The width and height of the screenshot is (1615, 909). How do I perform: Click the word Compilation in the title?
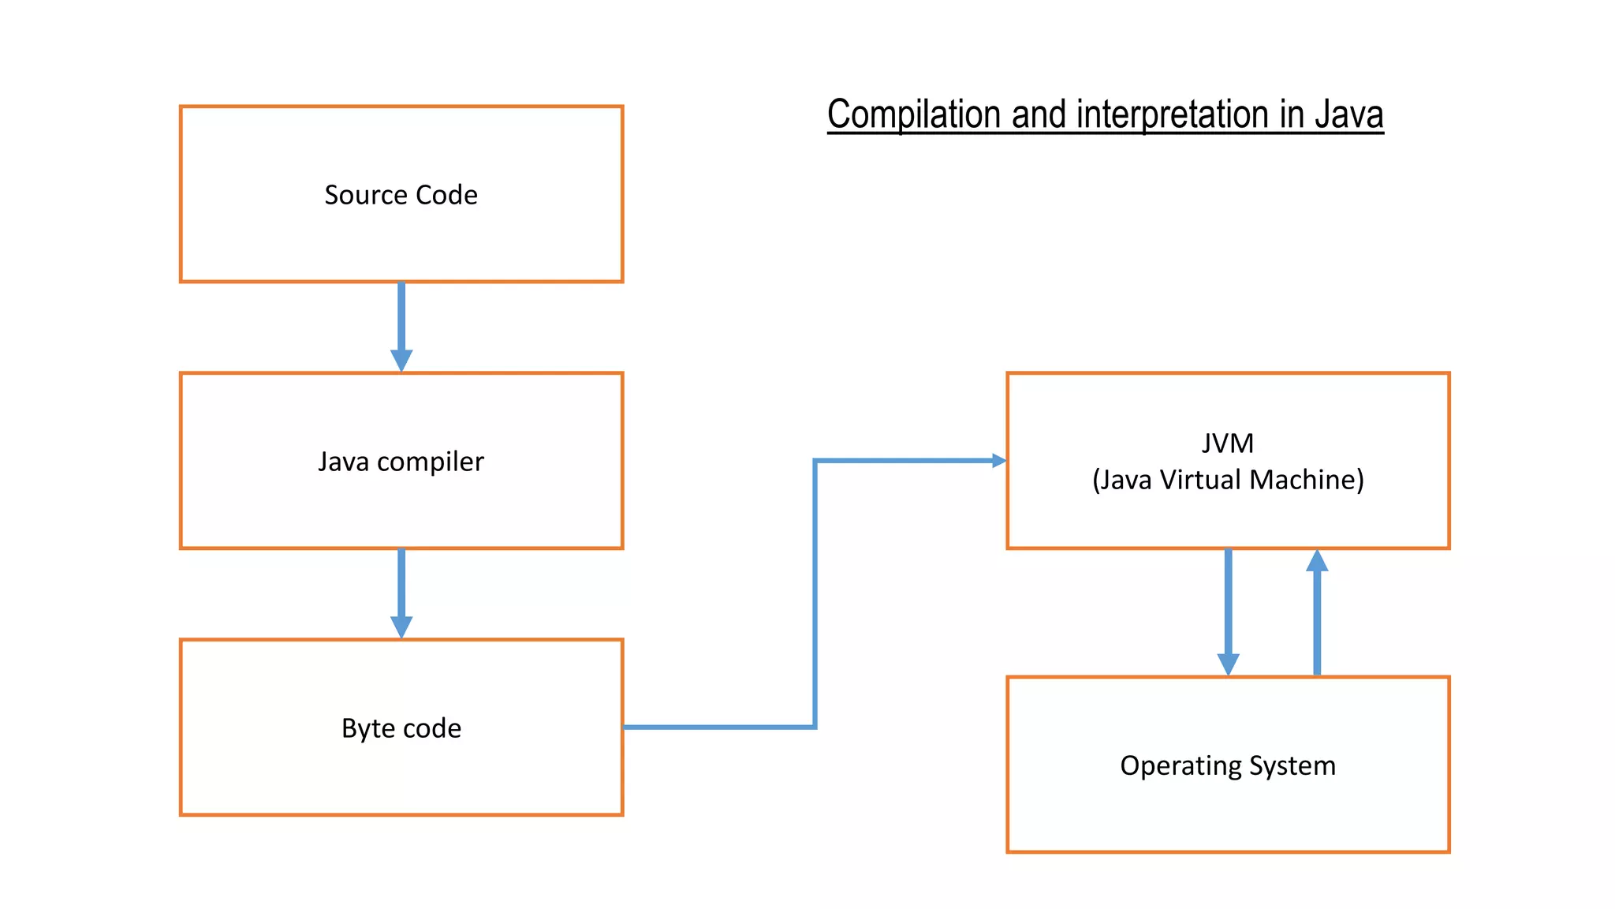pos(915,115)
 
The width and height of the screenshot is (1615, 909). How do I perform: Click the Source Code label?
pos(401,195)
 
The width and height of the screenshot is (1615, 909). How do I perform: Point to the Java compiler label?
pos(401,462)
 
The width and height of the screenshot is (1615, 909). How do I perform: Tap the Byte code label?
pos(401,728)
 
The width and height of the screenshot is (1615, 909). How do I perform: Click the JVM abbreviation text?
pos(1228,443)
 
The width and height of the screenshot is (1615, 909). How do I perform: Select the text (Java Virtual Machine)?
pos(1228,480)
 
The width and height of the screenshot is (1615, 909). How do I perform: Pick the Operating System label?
pos(1228,765)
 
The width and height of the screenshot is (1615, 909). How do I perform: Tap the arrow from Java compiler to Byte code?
pos(401,592)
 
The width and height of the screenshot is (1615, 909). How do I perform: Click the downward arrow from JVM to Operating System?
pos(1228,612)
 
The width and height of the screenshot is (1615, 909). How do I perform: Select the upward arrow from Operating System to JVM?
pos(1317,612)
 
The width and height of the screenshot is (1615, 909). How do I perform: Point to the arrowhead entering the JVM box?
pos(998,461)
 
